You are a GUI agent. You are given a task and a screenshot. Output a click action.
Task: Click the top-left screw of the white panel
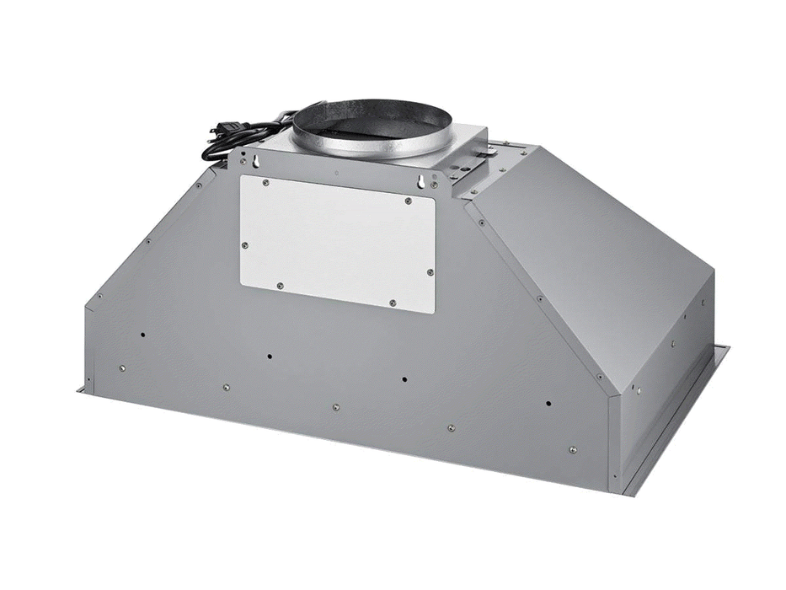pyautogui.click(x=264, y=182)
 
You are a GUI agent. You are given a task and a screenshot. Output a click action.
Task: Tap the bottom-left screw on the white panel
pyautogui.click(x=280, y=286)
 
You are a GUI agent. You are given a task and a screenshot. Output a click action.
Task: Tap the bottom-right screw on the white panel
pyautogui.click(x=393, y=302)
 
